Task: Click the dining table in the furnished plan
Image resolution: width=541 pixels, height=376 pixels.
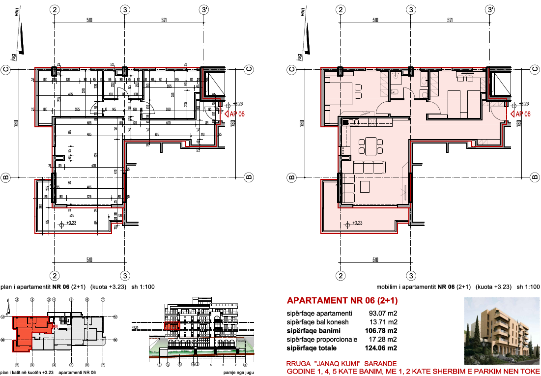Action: pyautogui.click(x=370, y=146)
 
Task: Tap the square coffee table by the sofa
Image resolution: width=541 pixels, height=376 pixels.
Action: pyautogui.click(x=365, y=186)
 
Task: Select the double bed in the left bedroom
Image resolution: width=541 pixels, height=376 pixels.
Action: pyautogui.click(x=339, y=92)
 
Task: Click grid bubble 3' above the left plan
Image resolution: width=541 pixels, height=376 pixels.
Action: pyautogui.click(x=204, y=10)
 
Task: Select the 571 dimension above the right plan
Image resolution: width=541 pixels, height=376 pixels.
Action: pyautogui.click(x=450, y=20)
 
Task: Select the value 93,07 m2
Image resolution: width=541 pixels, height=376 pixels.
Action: pyautogui.click(x=386, y=313)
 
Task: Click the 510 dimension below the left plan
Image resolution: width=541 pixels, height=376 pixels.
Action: pyautogui.click(x=89, y=260)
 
